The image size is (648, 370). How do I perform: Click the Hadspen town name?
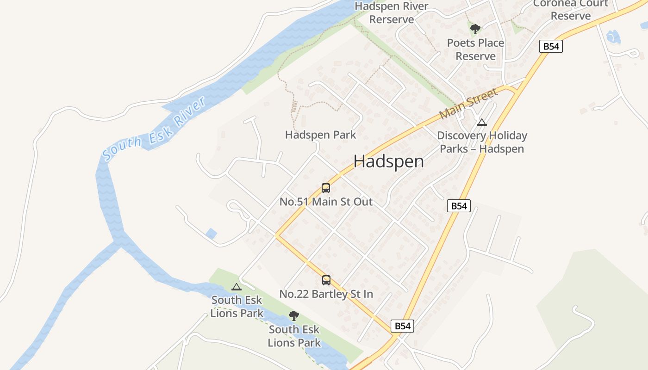tap(388, 161)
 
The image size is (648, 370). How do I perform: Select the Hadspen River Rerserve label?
tap(392, 13)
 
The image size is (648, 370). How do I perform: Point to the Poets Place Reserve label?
tap(475, 49)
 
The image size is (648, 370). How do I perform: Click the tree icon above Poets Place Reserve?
tap(475, 29)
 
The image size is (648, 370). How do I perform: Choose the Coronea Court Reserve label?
tap(571, 10)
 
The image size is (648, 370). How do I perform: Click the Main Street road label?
tap(468, 103)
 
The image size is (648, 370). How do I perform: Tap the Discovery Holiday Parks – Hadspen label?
tap(482, 142)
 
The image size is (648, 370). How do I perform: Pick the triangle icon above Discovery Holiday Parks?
tap(482, 123)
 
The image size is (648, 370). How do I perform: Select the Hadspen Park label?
tap(320, 135)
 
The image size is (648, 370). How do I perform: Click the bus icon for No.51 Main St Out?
tap(326, 188)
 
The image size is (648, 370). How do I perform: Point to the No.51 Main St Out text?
tap(326, 202)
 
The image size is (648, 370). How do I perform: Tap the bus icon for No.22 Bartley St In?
tap(326, 280)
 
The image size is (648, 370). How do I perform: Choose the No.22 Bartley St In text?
tap(326, 294)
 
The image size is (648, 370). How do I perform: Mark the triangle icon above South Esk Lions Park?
tap(237, 287)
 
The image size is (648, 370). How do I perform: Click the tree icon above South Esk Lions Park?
tap(294, 316)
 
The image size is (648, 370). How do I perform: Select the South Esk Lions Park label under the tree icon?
tap(294, 336)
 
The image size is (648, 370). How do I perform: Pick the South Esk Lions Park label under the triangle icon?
tap(237, 307)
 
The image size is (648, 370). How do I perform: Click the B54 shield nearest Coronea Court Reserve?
tap(551, 46)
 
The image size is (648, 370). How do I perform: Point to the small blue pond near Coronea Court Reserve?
tap(613, 36)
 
